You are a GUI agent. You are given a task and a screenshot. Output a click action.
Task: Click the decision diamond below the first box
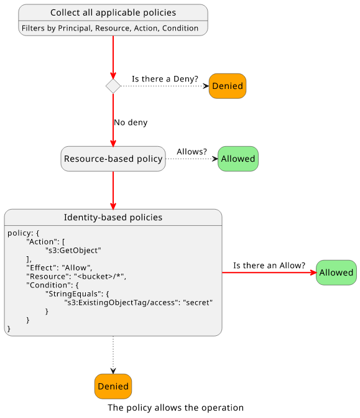pos(113,86)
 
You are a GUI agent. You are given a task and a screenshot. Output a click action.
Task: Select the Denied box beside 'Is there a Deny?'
pos(228,86)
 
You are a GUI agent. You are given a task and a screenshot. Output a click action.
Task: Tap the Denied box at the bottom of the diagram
pos(113,386)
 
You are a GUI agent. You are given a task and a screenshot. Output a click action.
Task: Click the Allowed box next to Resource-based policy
pos(238,159)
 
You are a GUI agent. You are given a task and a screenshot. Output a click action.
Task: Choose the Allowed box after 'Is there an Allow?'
pos(336,272)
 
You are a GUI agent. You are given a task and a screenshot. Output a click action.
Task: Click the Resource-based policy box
pos(113,159)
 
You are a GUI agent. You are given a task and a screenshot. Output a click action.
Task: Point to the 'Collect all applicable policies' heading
pos(113,12)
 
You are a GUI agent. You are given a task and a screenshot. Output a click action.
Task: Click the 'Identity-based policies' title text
pos(113,217)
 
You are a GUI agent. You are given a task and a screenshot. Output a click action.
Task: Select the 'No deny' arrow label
pos(131,123)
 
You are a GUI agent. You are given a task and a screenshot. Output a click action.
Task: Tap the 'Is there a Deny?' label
pos(165,79)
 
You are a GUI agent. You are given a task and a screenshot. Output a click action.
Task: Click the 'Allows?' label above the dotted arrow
pos(192,152)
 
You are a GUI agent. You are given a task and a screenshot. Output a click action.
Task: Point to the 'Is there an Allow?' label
pos(269,266)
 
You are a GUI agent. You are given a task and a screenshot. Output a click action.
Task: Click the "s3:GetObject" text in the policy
pos(73,251)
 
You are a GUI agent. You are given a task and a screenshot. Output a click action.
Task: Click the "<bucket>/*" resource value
pos(99,276)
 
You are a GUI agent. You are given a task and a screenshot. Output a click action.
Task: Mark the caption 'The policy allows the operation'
pos(175,408)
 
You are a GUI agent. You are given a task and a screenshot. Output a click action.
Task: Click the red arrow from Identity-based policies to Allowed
pos(269,272)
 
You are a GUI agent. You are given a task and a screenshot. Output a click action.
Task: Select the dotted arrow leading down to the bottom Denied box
pos(113,355)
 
